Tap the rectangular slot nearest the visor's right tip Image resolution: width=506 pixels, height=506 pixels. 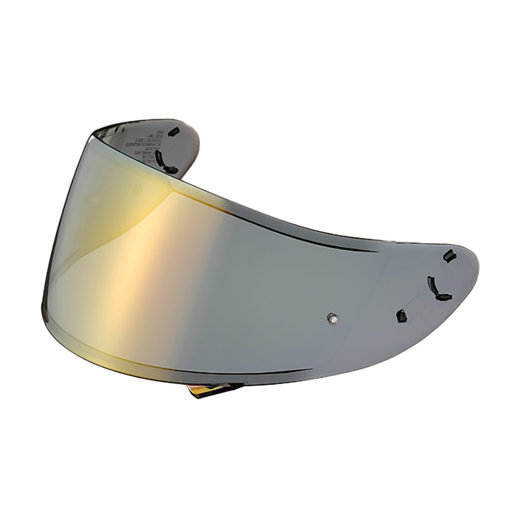point(449,256)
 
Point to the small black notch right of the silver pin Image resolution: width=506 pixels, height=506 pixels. point(402,316)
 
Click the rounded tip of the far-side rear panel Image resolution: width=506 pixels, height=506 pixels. point(197,141)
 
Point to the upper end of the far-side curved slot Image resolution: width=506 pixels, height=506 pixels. point(158,153)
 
